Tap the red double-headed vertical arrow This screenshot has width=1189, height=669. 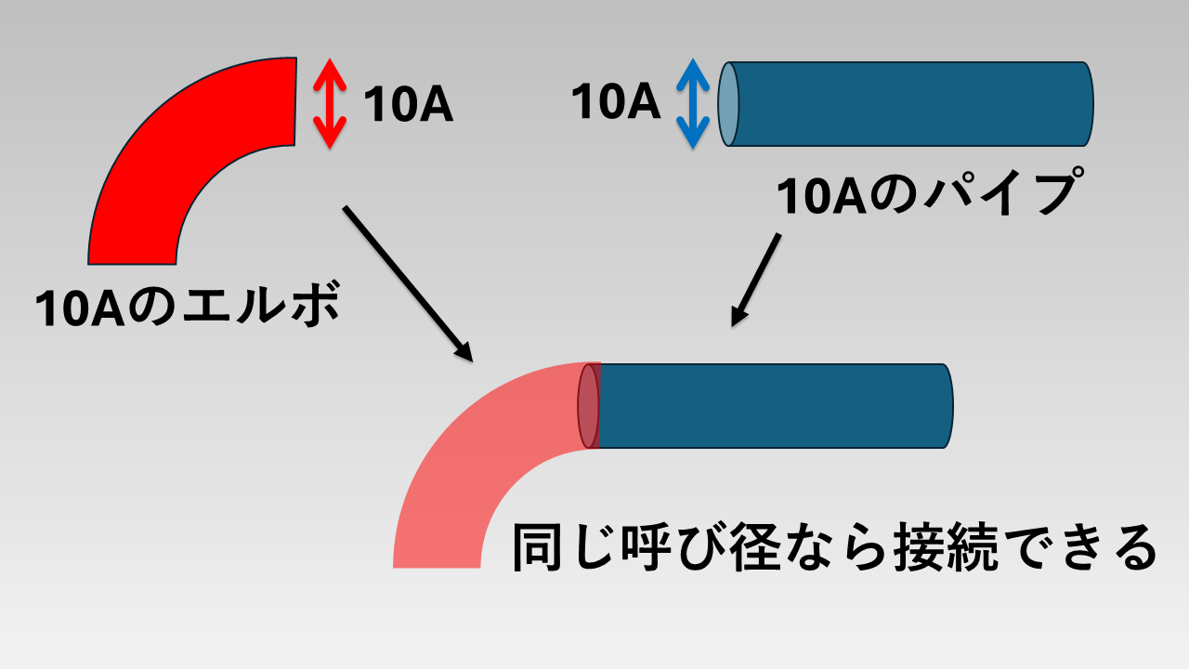coord(329,103)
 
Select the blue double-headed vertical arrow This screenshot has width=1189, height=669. coord(693,103)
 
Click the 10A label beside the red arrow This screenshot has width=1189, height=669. coord(408,105)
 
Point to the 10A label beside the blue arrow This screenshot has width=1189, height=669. coord(615,101)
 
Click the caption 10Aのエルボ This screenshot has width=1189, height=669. coord(186,306)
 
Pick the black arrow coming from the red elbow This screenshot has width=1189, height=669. coord(408,282)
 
